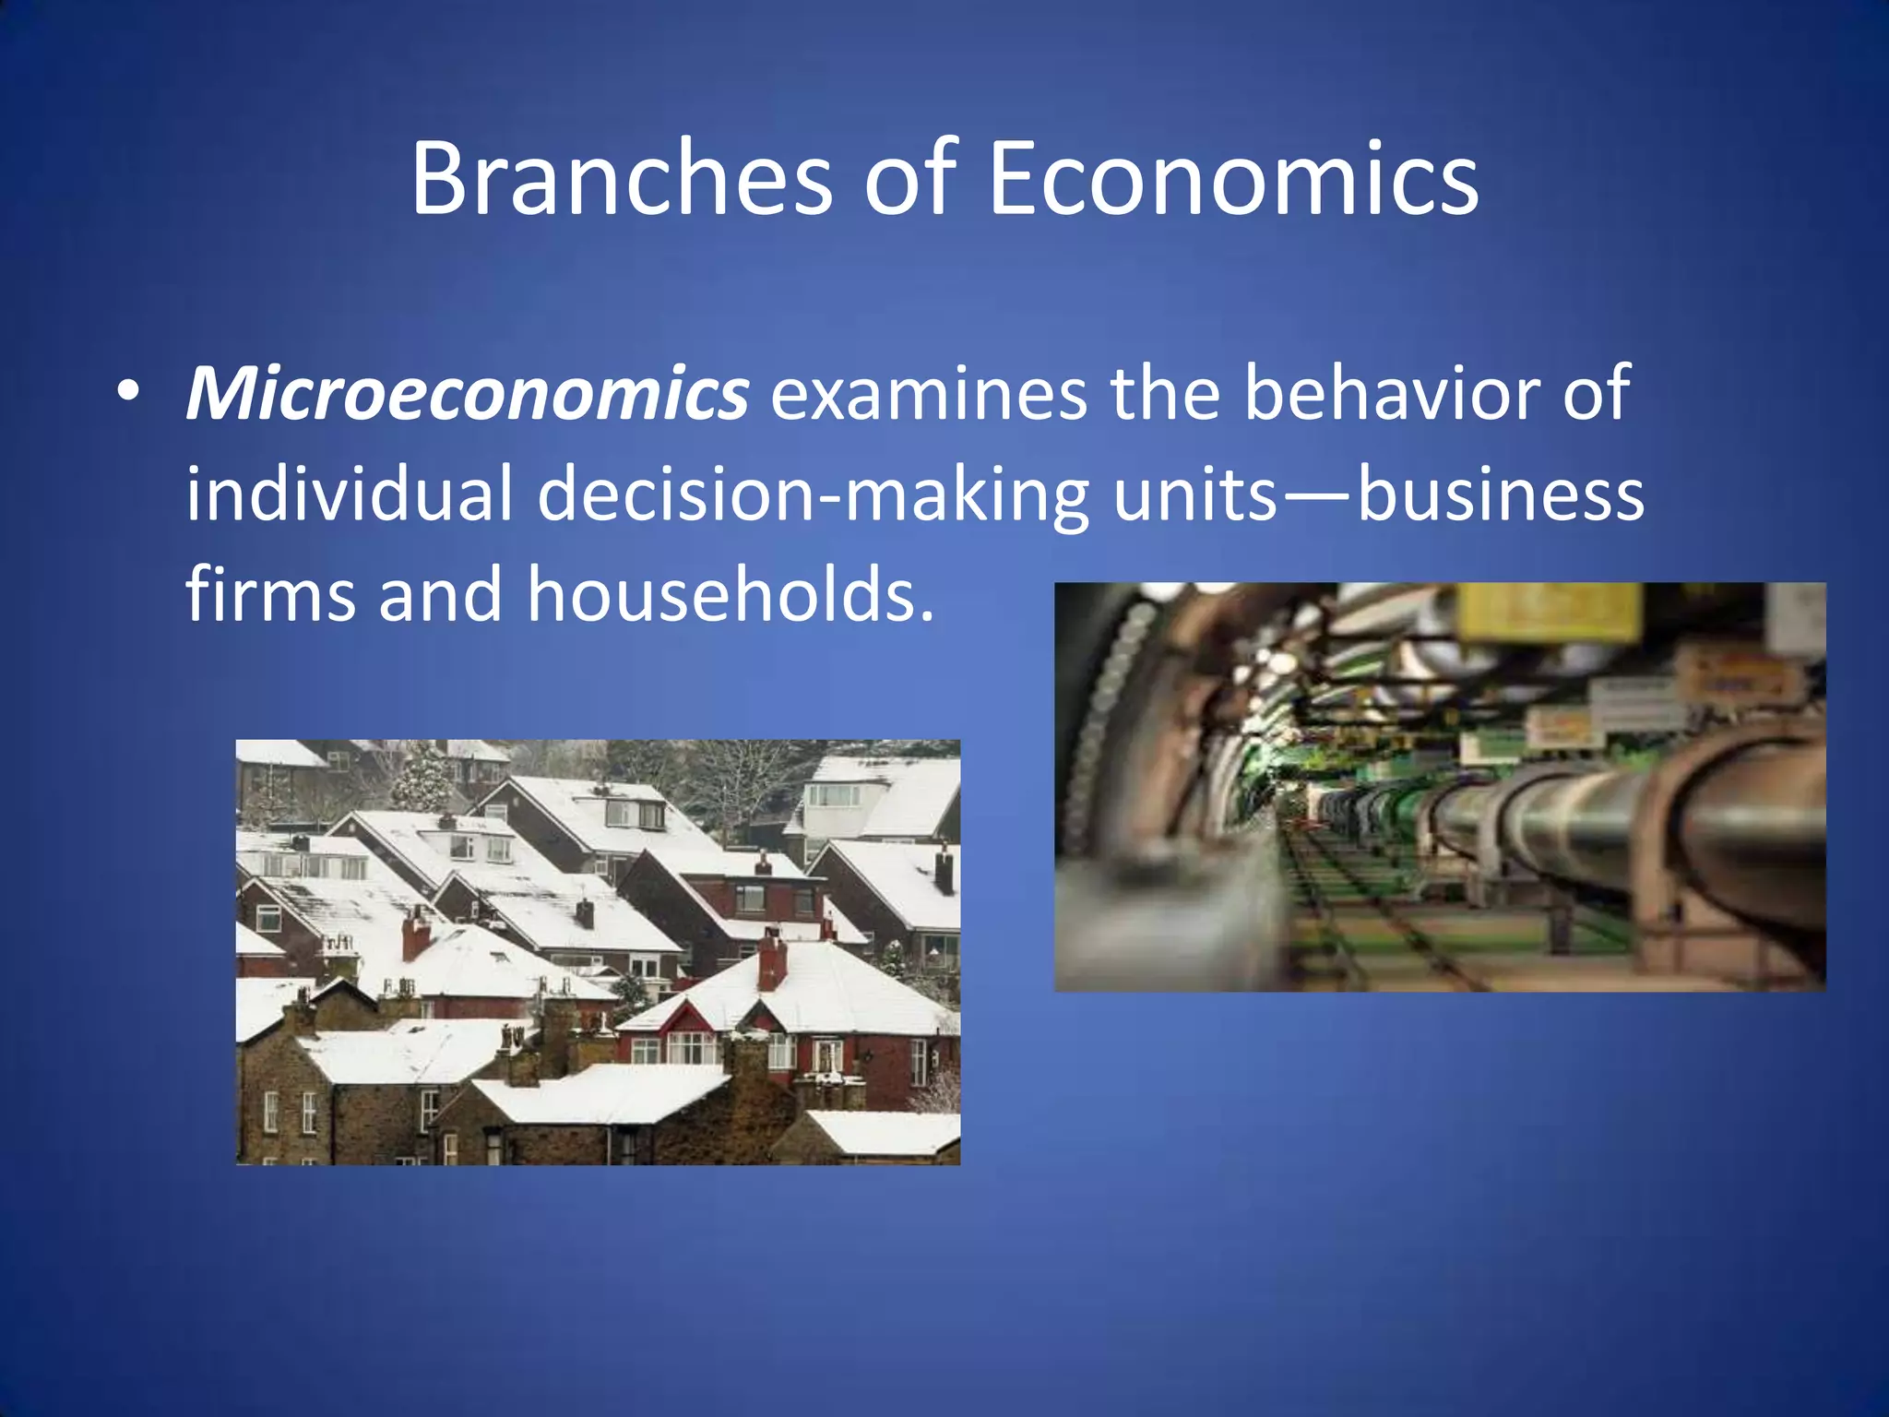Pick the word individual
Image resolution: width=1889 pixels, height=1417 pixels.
(349, 494)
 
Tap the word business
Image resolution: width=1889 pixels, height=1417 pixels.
(1501, 494)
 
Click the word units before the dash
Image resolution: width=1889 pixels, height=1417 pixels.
(1194, 494)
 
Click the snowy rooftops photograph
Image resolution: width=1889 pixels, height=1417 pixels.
(598, 951)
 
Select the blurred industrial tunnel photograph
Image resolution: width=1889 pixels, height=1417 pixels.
(1439, 787)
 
